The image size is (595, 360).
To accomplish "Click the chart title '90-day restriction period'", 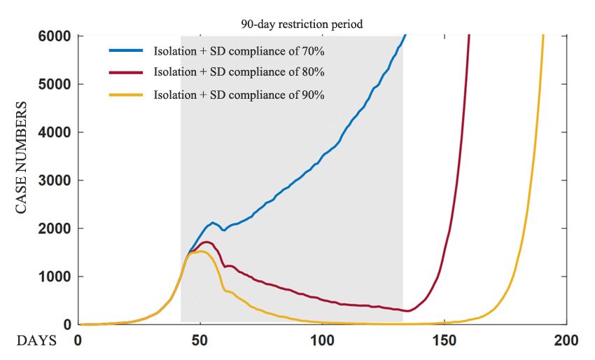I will (x=302, y=24).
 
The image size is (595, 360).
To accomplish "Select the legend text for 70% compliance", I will (x=239, y=50).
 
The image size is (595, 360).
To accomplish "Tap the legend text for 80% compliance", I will (x=239, y=72).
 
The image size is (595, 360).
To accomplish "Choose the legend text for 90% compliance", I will (x=239, y=95).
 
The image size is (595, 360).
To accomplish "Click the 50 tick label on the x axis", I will (x=200, y=341).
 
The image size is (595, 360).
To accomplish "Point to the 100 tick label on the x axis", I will (x=322, y=341).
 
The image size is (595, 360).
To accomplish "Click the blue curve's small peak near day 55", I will (x=213, y=222).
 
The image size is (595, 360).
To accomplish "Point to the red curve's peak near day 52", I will (x=206, y=242).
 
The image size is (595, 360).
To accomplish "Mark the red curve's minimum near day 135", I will (x=407, y=311).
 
